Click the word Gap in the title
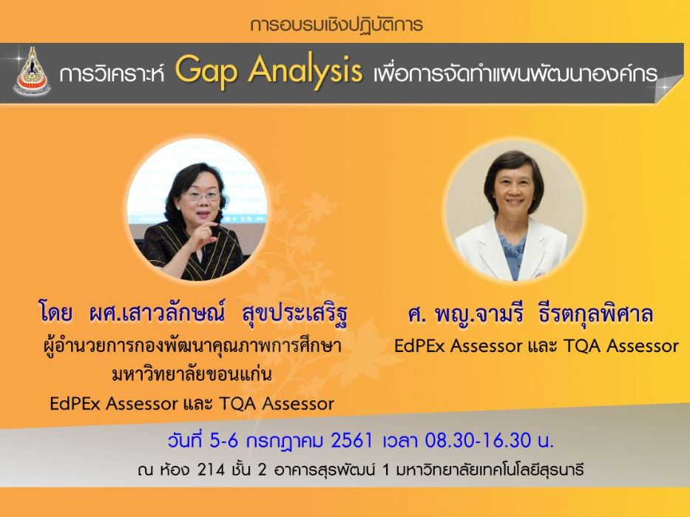tap(206, 71)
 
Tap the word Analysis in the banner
tap(305, 71)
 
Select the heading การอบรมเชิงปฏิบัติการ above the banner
tap(336, 24)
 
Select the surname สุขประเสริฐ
tap(294, 314)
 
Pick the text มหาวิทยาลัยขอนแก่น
tap(192, 375)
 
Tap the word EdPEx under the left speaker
tap(75, 404)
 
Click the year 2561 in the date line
tap(351, 440)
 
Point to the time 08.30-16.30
tap(478, 440)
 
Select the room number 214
tap(211, 470)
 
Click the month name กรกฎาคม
tap(285, 441)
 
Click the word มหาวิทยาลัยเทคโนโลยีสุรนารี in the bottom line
tap(490, 470)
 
